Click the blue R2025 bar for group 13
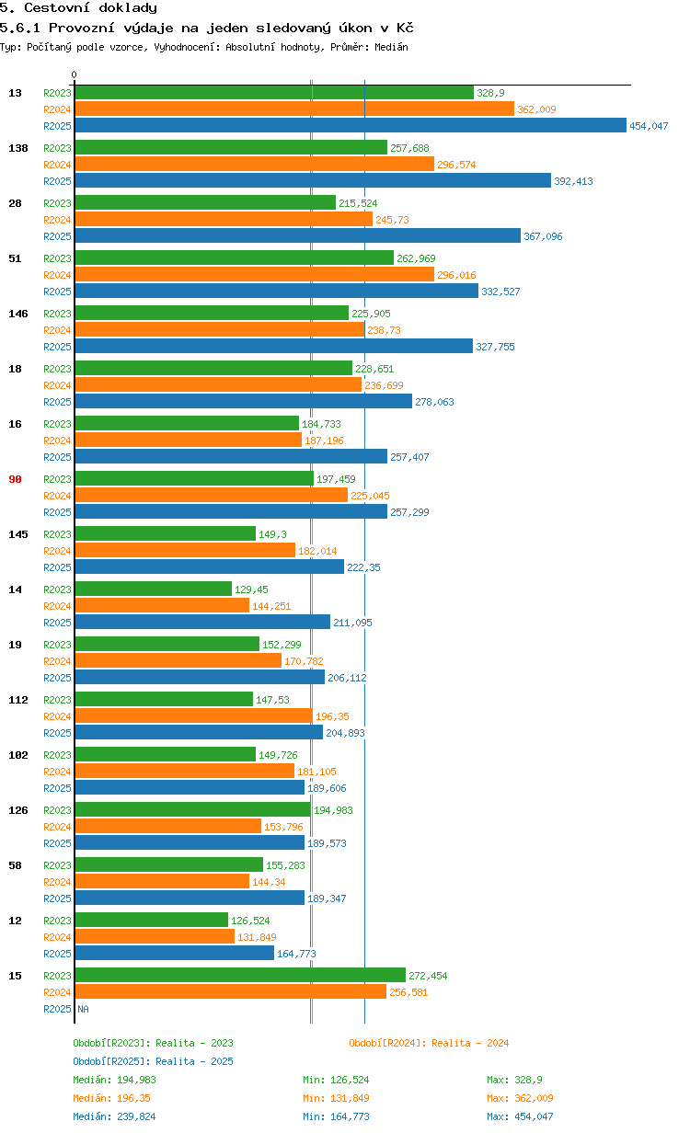tap(350, 126)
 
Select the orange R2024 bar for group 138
tap(254, 165)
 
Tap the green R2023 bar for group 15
tap(239, 976)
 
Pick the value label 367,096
tap(543, 236)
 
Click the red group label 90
tap(15, 479)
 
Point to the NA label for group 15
tap(83, 1009)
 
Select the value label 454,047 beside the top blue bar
tap(649, 126)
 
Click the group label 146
tap(17, 314)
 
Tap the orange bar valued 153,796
tap(167, 827)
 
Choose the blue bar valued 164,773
tap(174, 954)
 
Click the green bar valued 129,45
tap(153, 589)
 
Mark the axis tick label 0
tap(75, 75)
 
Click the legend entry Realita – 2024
tap(429, 1043)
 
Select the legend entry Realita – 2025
tap(153, 1061)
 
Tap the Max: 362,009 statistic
tap(520, 1098)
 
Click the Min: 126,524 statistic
tap(336, 1080)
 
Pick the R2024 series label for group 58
tap(57, 882)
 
